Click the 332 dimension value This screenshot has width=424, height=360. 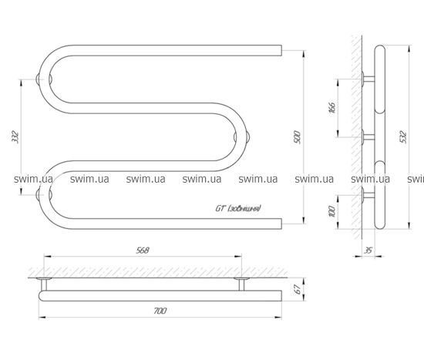click(15, 137)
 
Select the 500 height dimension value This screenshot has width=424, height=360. click(297, 137)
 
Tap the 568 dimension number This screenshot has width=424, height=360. click(143, 251)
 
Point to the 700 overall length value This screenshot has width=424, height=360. click(160, 311)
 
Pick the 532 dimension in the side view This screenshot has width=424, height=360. click(403, 137)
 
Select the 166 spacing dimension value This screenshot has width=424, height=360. click(332, 108)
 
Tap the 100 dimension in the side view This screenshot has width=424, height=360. click(332, 211)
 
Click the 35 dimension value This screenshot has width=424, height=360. click(368, 251)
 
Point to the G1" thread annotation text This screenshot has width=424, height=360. click(238, 209)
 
